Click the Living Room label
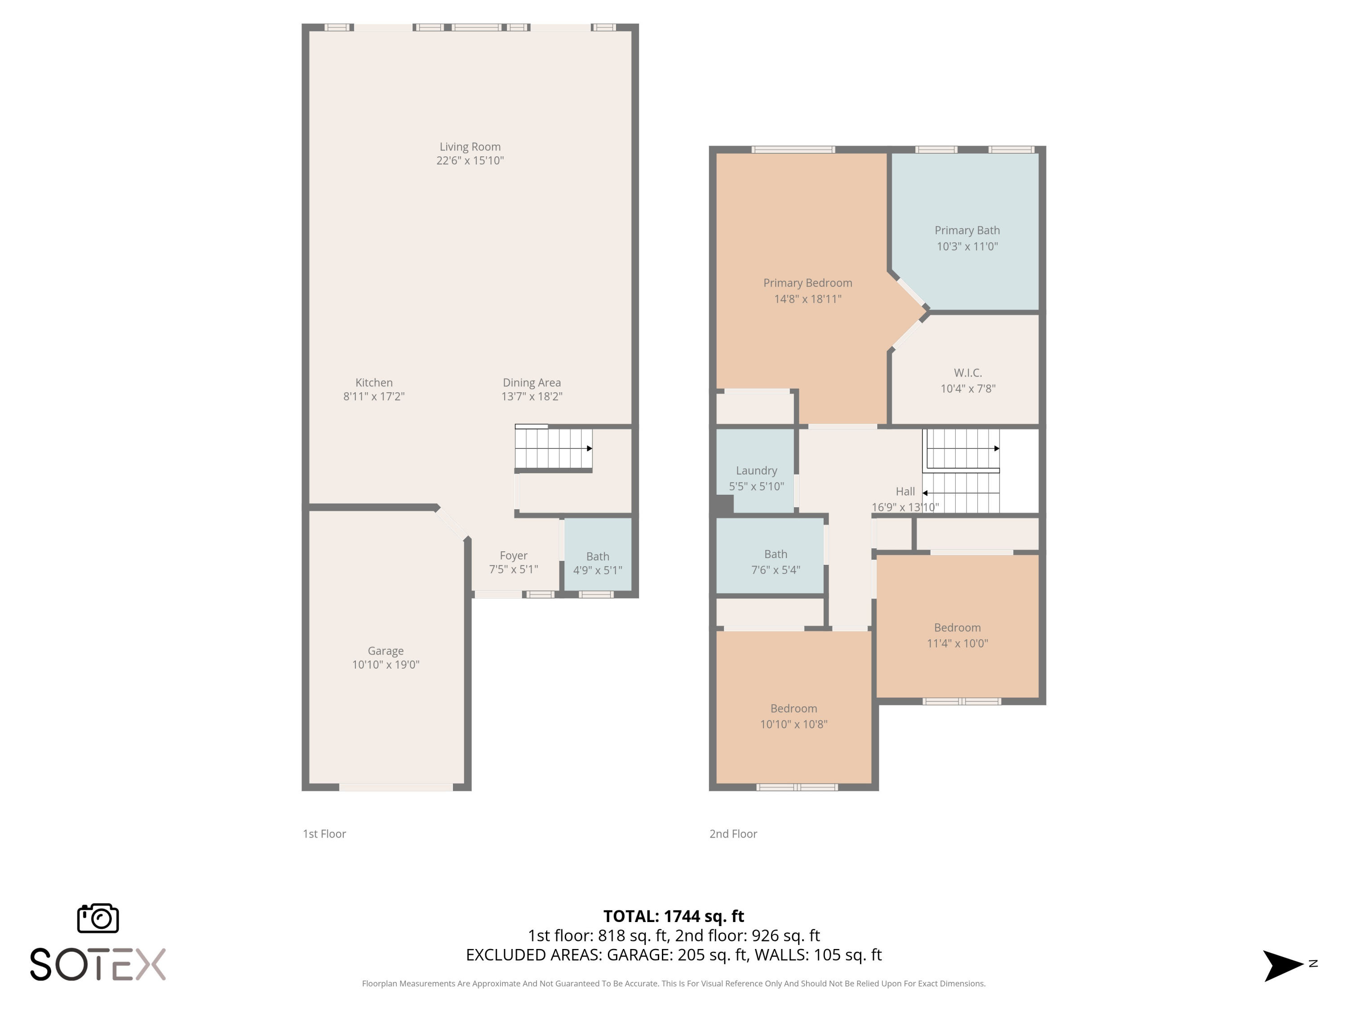(x=470, y=147)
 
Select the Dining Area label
(x=532, y=383)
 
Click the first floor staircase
(x=553, y=448)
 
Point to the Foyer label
(x=513, y=556)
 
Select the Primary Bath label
(x=967, y=231)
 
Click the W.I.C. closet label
(x=968, y=372)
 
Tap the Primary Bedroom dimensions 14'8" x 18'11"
(x=807, y=299)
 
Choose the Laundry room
(x=756, y=471)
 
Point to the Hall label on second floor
(x=905, y=491)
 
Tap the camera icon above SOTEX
(x=98, y=918)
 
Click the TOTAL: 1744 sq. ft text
(x=674, y=916)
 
